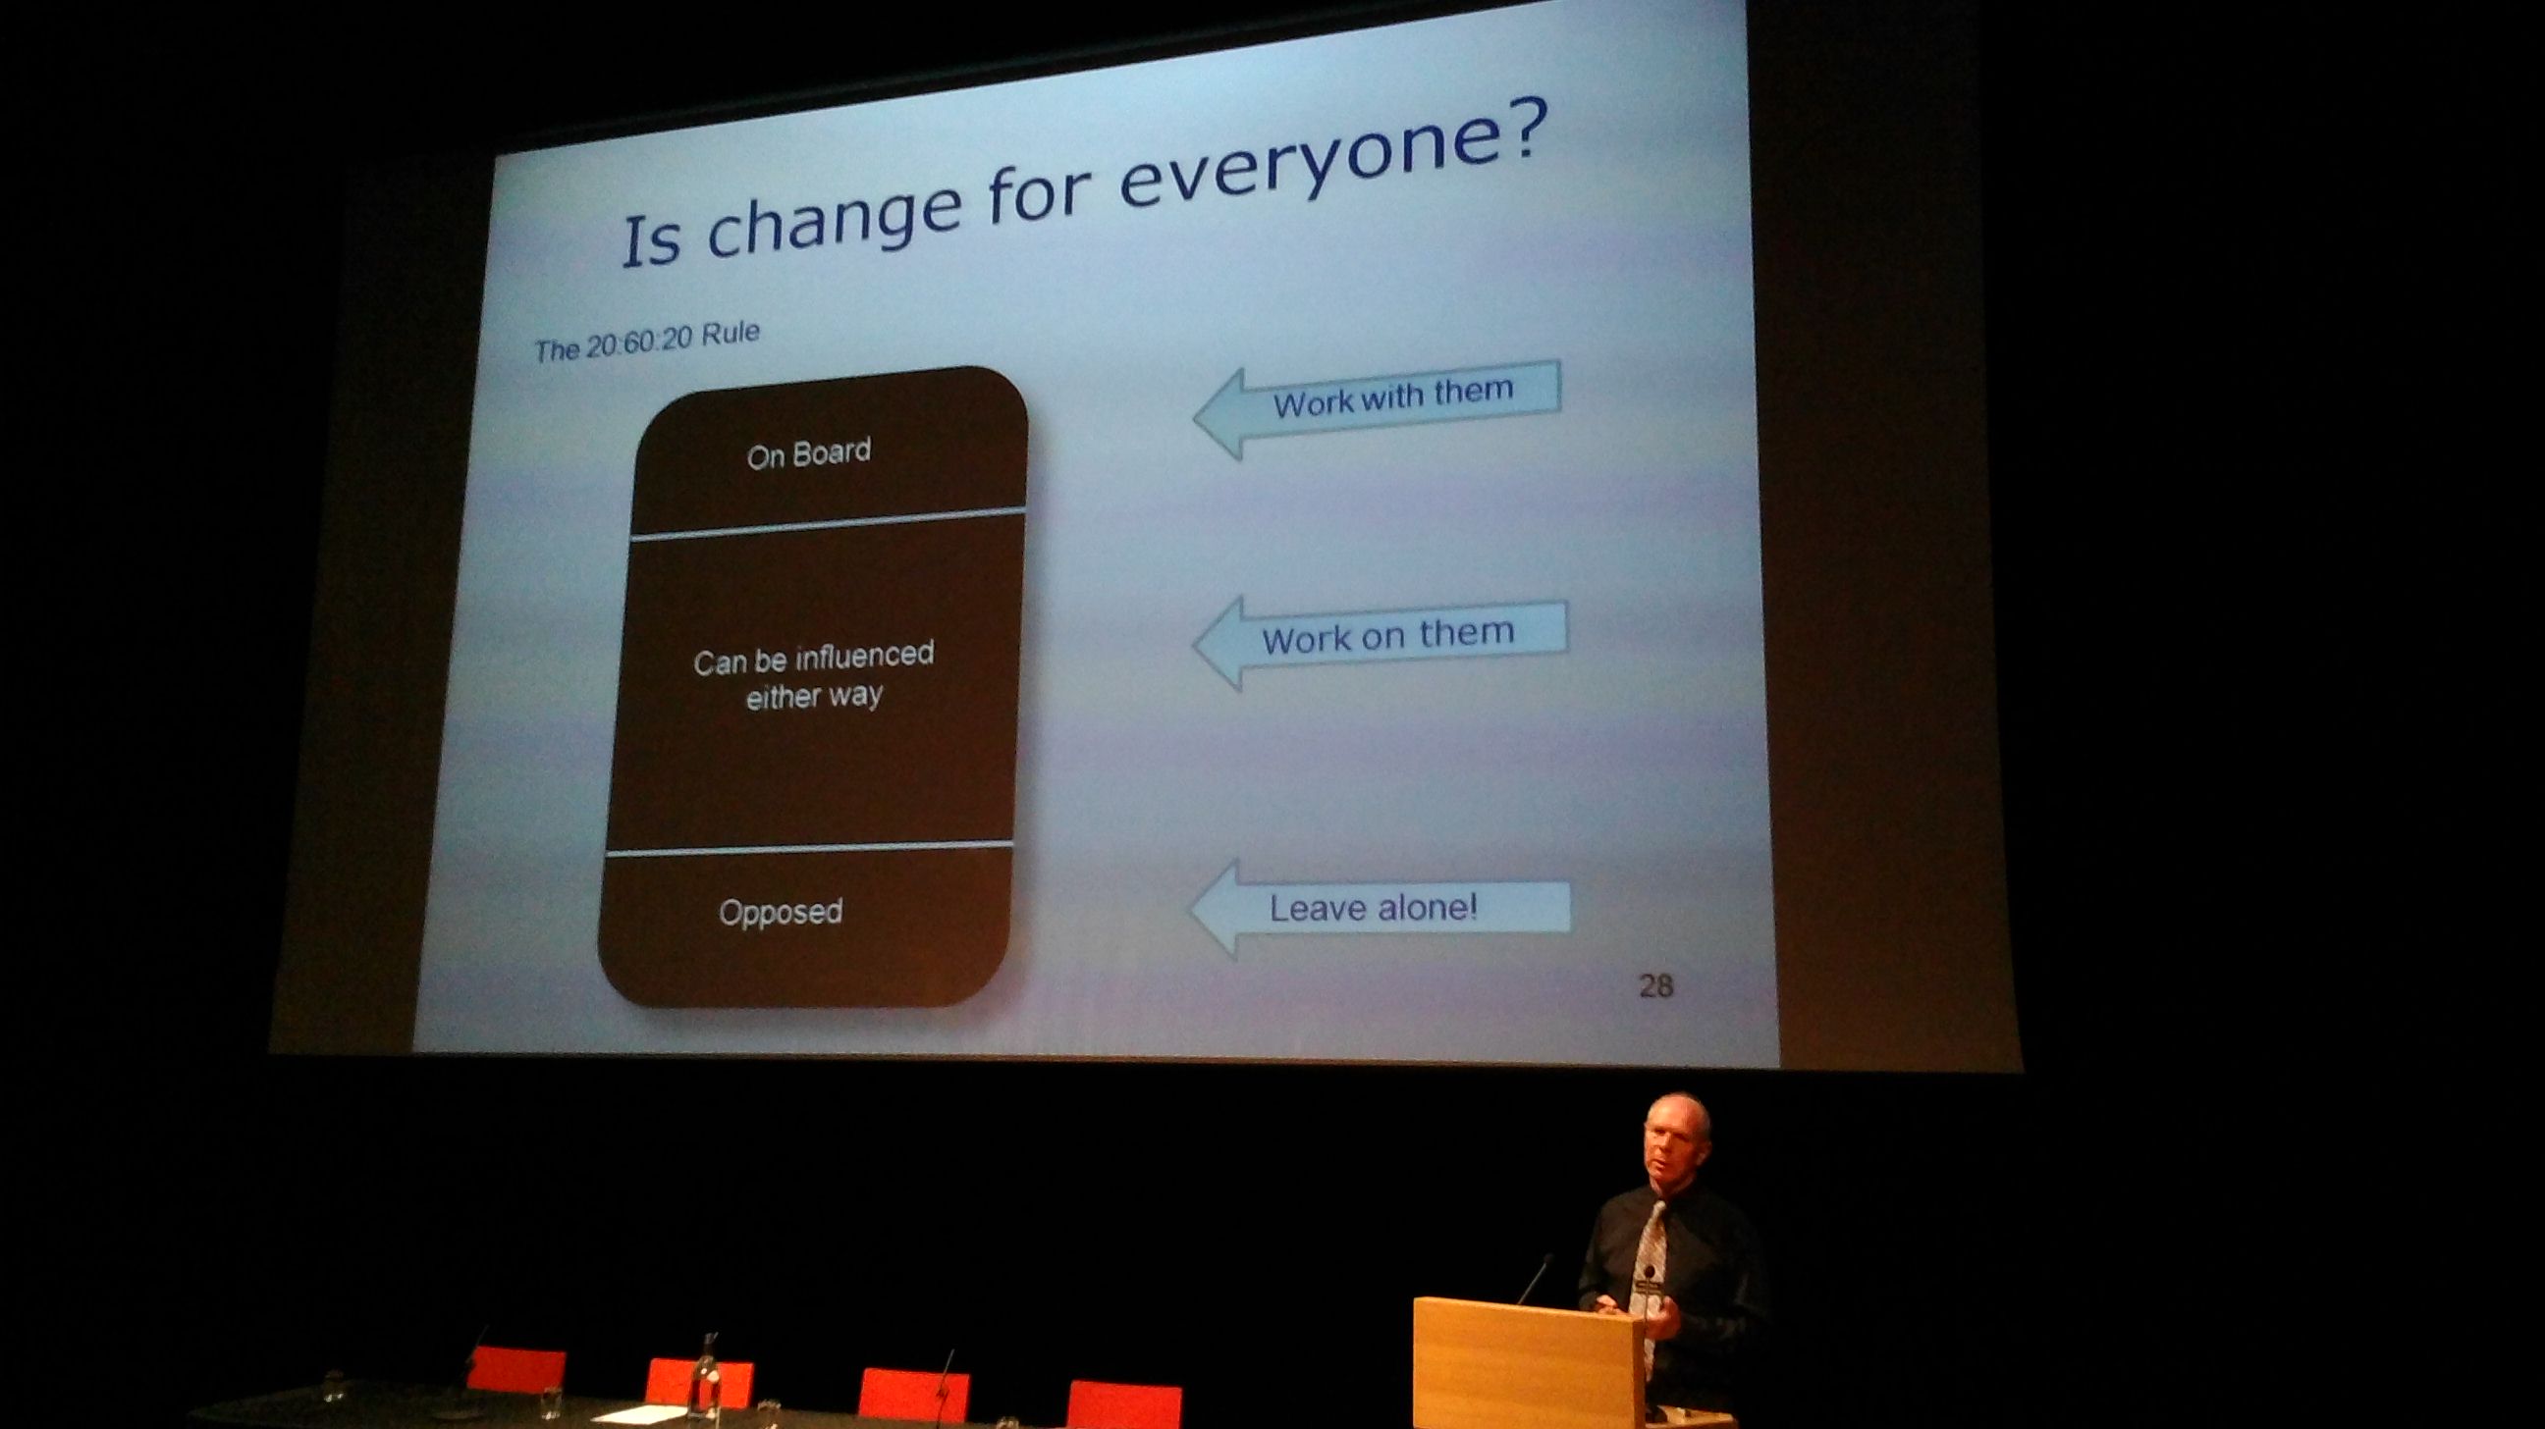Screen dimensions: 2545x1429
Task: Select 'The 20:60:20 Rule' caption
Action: [x=647, y=340]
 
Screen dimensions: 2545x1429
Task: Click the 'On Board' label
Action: [x=809, y=454]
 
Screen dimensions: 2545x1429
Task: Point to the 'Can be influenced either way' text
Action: [x=813, y=675]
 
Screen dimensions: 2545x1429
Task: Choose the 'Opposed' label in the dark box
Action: [x=781, y=911]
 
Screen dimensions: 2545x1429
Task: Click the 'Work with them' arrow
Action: [x=1377, y=406]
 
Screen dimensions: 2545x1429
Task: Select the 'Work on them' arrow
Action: [x=1380, y=641]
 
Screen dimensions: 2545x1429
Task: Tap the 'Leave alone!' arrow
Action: [x=1381, y=908]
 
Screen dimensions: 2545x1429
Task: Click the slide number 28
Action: [x=1655, y=985]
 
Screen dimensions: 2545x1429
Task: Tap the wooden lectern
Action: [x=1528, y=1363]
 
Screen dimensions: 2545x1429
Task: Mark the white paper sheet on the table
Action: [x=632, y=1414]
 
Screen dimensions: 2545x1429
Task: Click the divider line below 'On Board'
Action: [x=828, y=523]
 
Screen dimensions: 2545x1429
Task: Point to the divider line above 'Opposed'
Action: [x=809, y=847]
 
